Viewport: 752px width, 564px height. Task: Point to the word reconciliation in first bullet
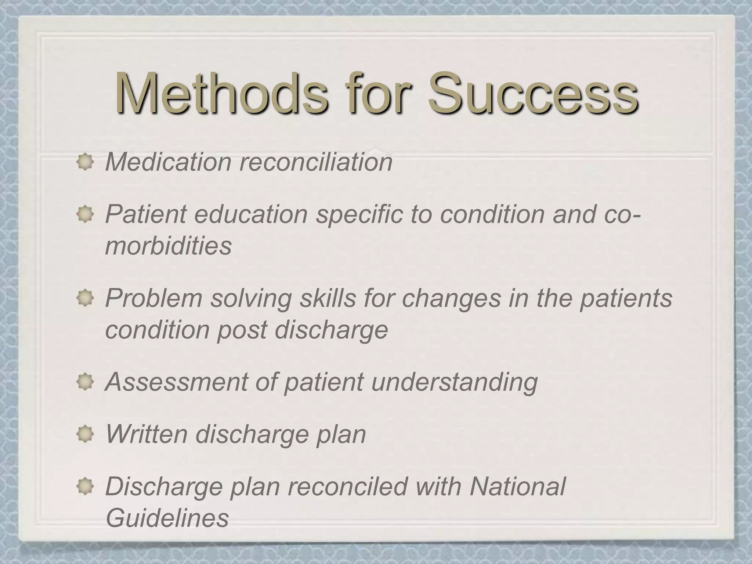point(316,162)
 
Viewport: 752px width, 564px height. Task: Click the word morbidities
point(168,246)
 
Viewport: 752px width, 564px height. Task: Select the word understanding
point(454,382)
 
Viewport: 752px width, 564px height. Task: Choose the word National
point(517,486)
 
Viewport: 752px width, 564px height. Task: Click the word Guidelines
point(167,518)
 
